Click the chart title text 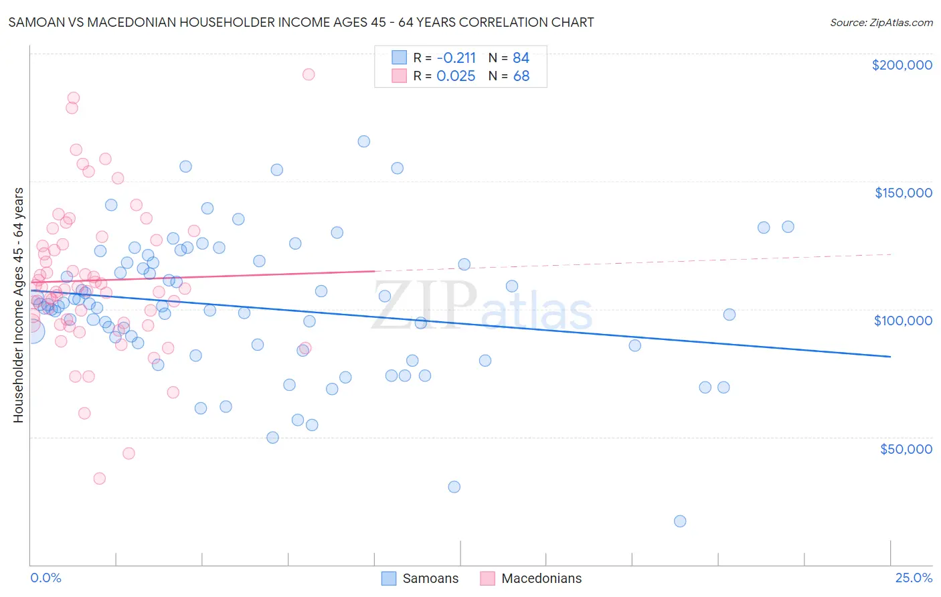301,22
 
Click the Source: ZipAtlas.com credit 881,22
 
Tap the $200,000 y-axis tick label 902,65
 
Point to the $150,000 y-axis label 903,193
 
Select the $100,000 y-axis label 903,321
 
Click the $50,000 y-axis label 906,448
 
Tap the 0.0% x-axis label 46,578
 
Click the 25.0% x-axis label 914,578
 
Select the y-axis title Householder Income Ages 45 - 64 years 18,305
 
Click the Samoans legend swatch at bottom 389,578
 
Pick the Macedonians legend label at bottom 541,578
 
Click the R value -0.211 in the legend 456,58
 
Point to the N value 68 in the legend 521,76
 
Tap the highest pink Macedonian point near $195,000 309,74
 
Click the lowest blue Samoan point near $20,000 680,521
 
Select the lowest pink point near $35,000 100,479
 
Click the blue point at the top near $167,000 363,141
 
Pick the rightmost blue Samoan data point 788,227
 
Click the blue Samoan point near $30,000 454,487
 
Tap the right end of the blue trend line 890,357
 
